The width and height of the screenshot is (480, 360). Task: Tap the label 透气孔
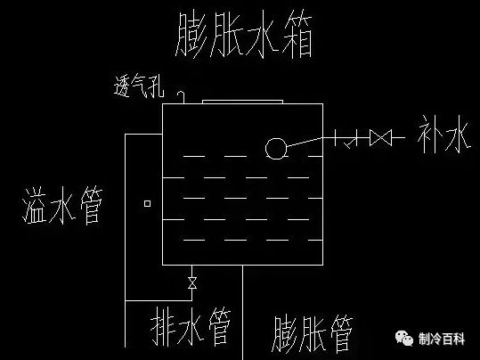point(139,86)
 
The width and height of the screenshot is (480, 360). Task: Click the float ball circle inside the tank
point(275,148)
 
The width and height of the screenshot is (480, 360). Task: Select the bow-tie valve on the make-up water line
point(381,138)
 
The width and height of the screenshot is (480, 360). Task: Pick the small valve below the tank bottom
point(191,283)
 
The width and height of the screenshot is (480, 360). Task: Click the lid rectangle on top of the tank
point(243,102)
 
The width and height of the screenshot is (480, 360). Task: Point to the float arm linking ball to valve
point(308,141)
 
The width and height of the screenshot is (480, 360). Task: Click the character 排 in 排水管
point(156,329)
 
